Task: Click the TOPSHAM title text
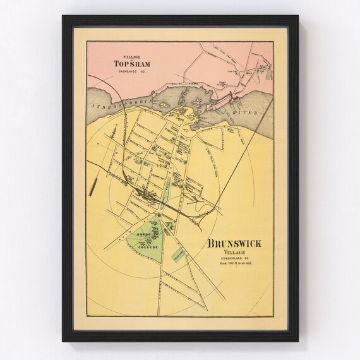(130, 63)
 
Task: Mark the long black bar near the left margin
(93, 187)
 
